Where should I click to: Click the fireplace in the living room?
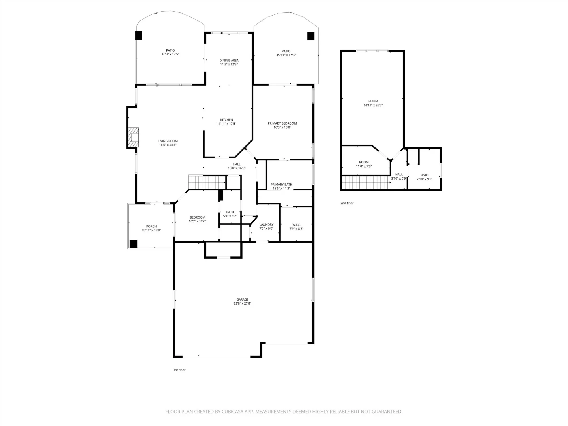(x=134, y=137)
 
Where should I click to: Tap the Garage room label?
(x=243, y=299)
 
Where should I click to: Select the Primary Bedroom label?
(x=282, y=123)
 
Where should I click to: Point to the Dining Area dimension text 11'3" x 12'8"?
(x=229, y=64)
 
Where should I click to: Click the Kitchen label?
(x=227, y=120)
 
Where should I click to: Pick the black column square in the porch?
(x=133, y=244)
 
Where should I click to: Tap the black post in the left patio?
(x=138, y=35)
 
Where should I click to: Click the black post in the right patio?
(x=311, y=36)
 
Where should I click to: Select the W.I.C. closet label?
(x=296, y=225)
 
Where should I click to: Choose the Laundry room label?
(x=266, y=224)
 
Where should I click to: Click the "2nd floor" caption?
(x=347, y=203)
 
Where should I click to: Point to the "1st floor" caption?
(x=179, y=370)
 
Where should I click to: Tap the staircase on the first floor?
(x=207, y=182)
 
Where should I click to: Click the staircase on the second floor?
(x=366, y=183)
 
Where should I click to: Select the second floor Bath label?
(x=425, y=175)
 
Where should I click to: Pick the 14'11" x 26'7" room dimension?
(x=373, y=105)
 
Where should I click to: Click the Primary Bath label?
(x=281, y=185)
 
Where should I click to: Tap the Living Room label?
(x=168, y=141)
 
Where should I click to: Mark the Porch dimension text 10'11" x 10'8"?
(x=151, y=230)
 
